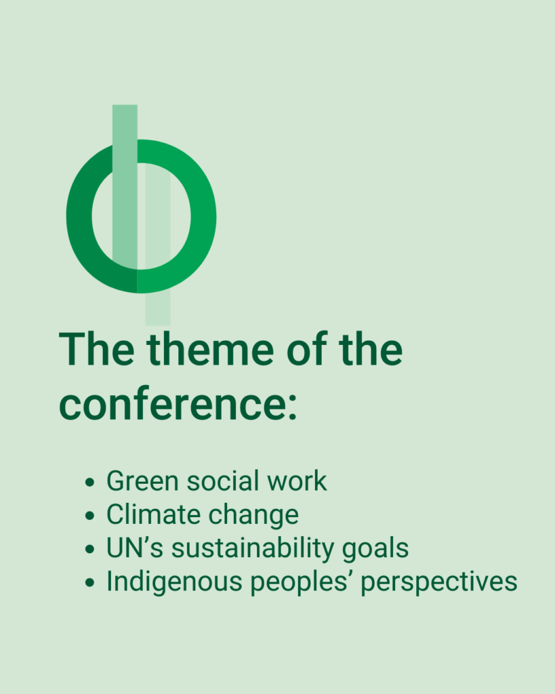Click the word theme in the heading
(x=210, y=349)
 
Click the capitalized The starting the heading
(x=96, y=349)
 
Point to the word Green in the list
(x=142, y=481)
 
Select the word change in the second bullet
(x=253, y=516)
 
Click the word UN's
(x=135, y=548)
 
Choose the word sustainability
(x=253, y=549)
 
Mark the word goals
(x=375, y=549)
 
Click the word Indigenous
(x=174, y=582)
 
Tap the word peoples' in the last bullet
(x=302, y=582)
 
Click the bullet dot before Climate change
(x=90, y=516)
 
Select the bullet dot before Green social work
(x=90, y=482)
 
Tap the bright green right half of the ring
(x=203, y=216)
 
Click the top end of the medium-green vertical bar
(x=125, y=105)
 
